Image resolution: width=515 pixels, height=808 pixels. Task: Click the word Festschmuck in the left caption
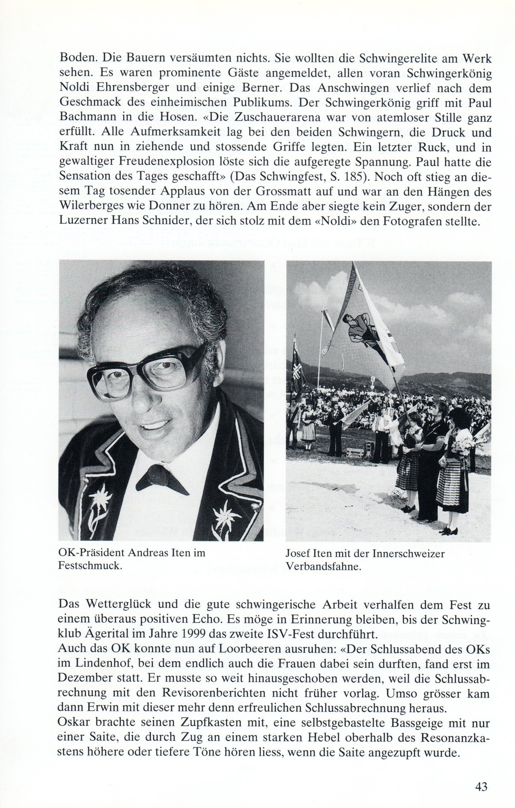pyautogui.click(x=90, y=565)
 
